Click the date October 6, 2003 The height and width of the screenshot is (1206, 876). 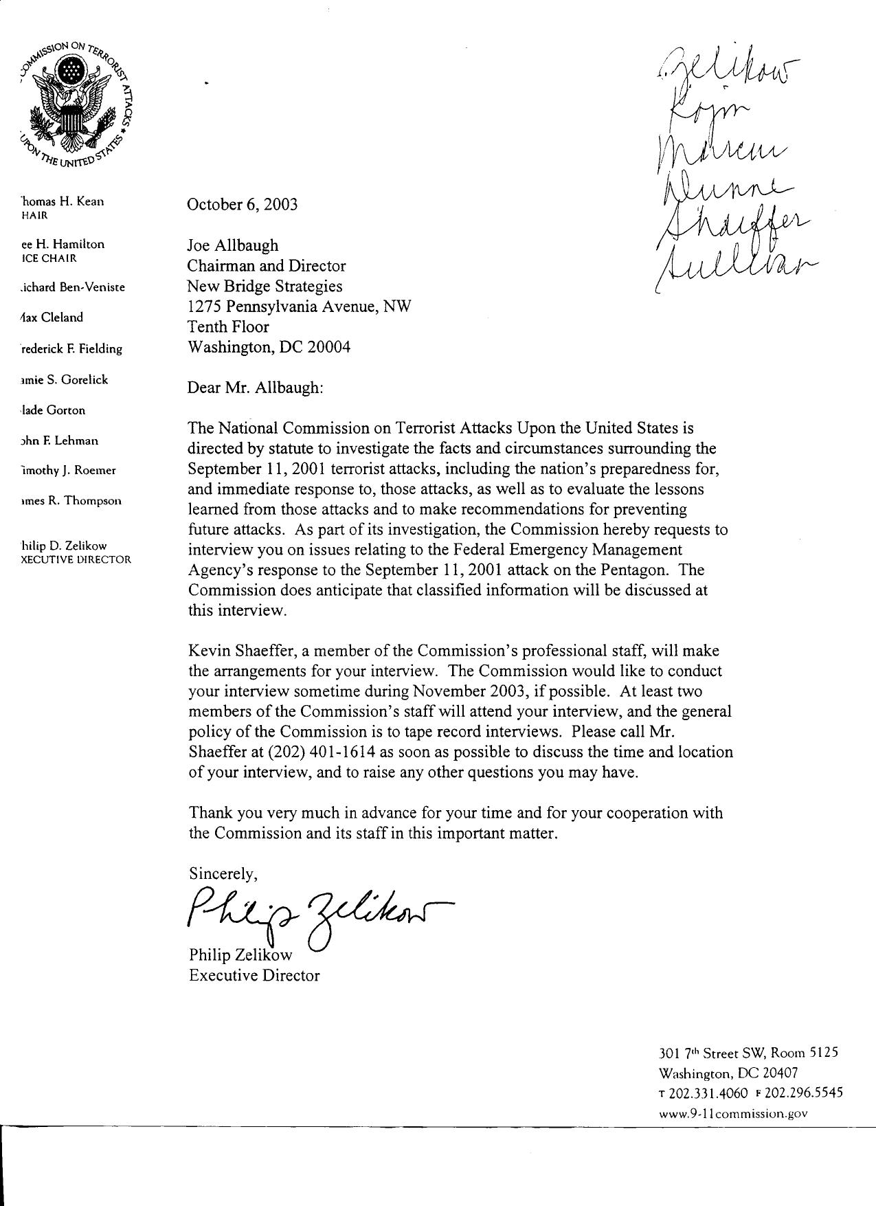tap(243, 205)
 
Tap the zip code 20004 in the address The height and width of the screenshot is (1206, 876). tap(328, 347)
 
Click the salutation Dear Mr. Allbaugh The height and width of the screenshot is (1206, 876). tap(255, 388)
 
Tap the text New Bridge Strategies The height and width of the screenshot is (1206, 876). tap(265, 286)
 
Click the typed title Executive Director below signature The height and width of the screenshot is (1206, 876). tap(254, 975)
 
